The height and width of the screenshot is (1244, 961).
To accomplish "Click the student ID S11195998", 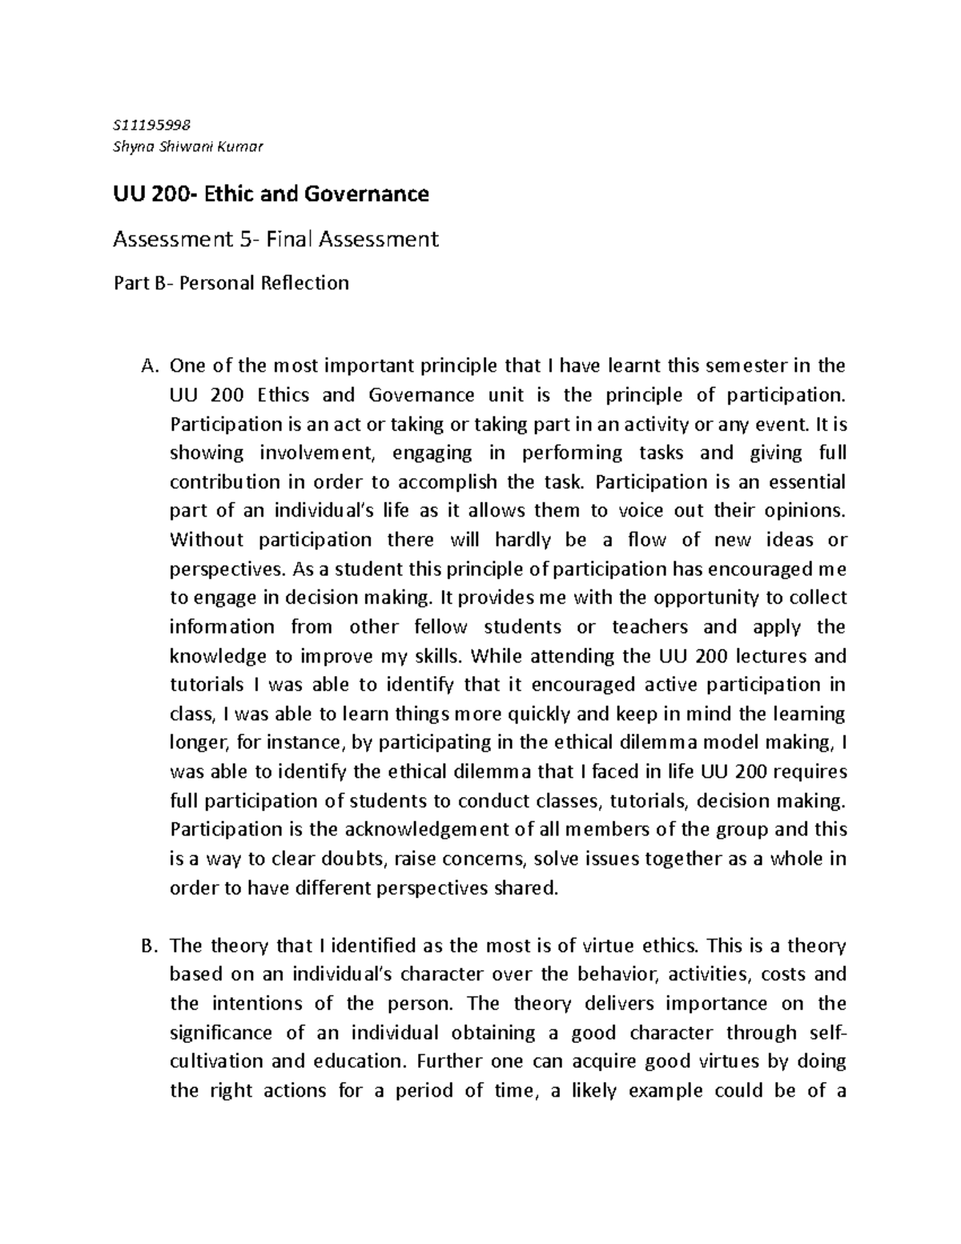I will coord(148,124).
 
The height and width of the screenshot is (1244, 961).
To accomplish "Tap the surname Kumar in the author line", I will coord(244,147).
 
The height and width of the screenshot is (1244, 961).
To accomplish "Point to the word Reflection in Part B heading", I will coord(304,283).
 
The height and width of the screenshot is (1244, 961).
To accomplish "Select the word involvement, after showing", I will coord(316,453).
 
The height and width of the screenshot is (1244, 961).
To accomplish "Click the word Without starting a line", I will coord(207,540).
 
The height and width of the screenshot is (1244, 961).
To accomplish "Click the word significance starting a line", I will coord(219,1033).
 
